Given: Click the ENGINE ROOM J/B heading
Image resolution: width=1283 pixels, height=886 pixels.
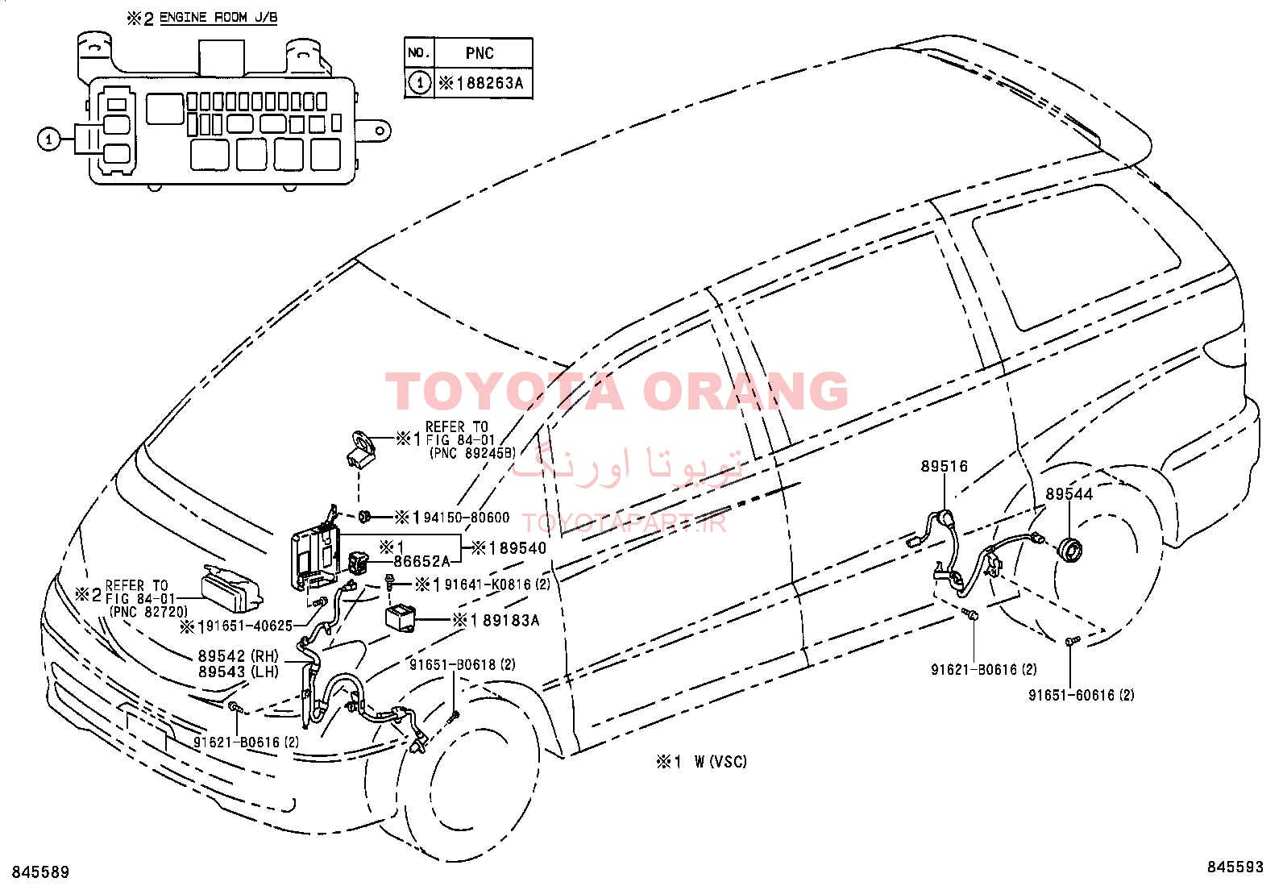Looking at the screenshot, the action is pos(218,18).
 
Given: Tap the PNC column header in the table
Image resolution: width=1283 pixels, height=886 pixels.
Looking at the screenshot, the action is pos(480,53).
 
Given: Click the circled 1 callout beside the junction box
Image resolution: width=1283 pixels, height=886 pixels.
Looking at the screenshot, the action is pos(48,139).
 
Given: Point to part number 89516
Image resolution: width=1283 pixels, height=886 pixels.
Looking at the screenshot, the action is pos(944,467).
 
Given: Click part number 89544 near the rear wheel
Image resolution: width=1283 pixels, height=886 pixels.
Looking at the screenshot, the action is pos(1069,494).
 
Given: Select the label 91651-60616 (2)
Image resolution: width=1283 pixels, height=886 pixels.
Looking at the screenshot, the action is pos(1082,696).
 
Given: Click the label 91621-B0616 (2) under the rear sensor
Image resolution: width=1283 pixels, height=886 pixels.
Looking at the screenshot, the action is pos(984,669).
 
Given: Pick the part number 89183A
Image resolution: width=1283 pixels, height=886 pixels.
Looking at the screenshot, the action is pos(511,621).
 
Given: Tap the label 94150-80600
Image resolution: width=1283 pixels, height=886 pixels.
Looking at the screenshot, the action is pos(467,518).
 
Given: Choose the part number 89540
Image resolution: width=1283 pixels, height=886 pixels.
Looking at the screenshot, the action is pos(522,548).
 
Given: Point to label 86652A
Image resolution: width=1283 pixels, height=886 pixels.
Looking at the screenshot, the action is pos(421,562).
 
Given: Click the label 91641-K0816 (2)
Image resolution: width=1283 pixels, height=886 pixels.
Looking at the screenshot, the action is pos(497,584).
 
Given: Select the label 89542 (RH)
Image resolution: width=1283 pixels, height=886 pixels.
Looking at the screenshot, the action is pos(239,655).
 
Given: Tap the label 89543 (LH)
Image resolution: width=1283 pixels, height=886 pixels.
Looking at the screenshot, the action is pos(239,672).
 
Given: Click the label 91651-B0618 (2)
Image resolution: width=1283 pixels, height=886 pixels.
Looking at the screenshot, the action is pos(463,664).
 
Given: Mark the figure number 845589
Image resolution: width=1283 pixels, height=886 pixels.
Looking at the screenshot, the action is pos(40,872).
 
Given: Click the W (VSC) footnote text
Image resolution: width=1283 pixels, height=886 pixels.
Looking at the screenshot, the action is pos(720,762).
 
